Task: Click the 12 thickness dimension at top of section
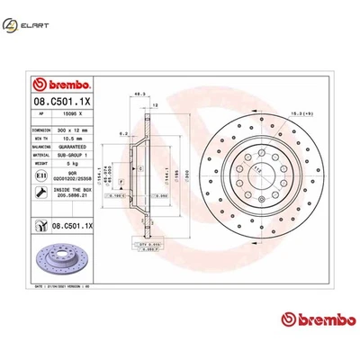(x=155, y=104)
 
